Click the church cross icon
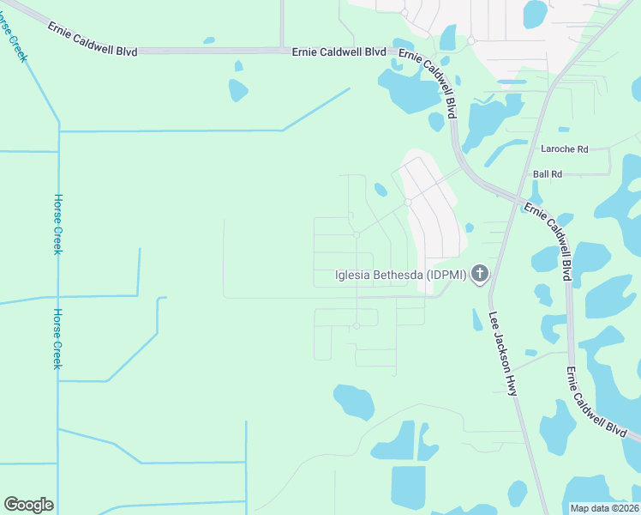[x=480, y=275]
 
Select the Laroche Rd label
[x=565, y=148]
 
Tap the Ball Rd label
[x=547, y=173]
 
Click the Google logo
[x=28, y=505]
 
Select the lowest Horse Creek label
[x=58, y=339]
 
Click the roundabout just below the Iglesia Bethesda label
[x=356, y=325]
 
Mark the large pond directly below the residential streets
[x=353, y=401]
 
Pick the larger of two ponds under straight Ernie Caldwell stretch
[x=238, y=89]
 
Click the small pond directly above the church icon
[x=470, y=227]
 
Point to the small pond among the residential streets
[x=380, y=190]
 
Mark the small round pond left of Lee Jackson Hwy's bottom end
[x=517, y=493]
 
